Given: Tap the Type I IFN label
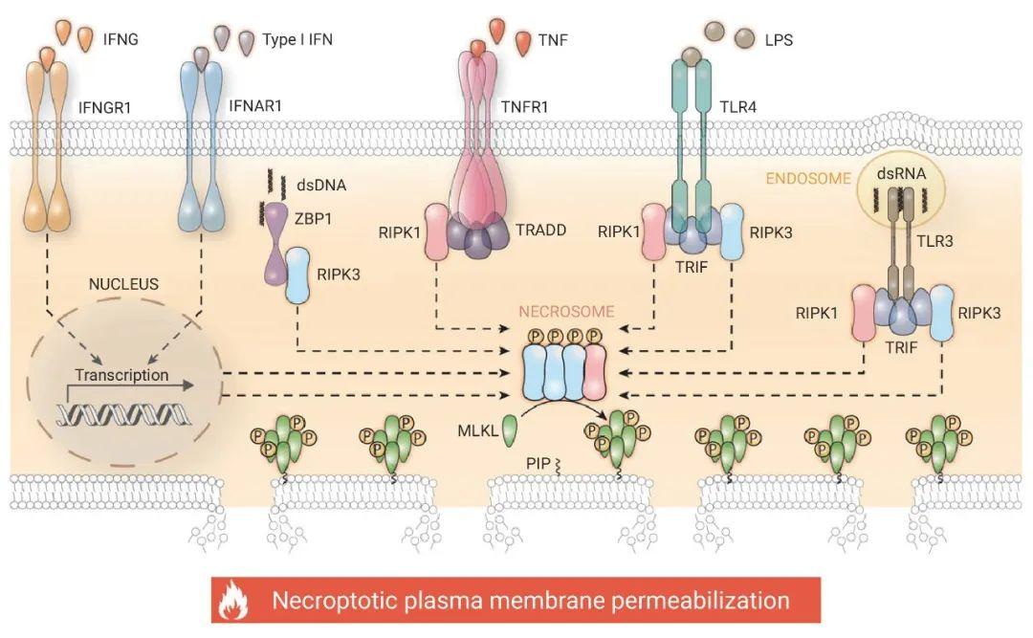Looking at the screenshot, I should (297, 40).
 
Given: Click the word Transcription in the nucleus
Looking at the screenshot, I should (121, 376).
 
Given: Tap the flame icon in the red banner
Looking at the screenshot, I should (233, 602).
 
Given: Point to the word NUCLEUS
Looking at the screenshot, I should (124, 285).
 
